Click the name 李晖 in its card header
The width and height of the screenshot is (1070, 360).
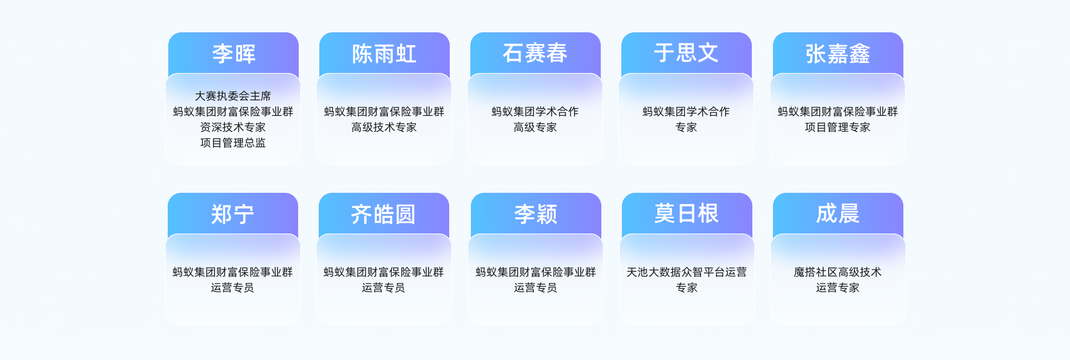coord(234,54)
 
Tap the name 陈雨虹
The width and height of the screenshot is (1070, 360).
coord(385,54)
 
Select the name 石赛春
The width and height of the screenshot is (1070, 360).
coord(535,53)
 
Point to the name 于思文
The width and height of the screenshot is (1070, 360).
coord(686,53)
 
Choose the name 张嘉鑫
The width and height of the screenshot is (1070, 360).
coord(838,54)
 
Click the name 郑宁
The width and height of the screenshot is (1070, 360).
coord(232,215)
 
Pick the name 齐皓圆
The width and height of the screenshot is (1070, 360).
coord(383,215)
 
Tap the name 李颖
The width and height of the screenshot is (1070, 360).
coord(536,215)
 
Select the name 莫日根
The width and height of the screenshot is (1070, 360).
coord(687,214)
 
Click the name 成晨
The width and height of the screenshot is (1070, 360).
coord(838,214)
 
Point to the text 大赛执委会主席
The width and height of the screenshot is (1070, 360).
coord(233,96)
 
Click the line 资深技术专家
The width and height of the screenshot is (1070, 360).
coord(233,127)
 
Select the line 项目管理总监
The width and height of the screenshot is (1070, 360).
coord(233,143)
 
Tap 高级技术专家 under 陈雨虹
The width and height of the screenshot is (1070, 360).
coord(384,127)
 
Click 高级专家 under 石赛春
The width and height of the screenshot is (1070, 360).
coord(535,127)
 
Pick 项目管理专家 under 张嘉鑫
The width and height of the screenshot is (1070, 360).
coord(838,127)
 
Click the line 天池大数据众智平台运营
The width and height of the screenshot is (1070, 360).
coord(687,272)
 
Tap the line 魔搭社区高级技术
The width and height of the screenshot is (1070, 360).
coord(838,272)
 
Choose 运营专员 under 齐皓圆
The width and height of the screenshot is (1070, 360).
coord(383,288)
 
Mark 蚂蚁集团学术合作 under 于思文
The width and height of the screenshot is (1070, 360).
coord(686,111)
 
